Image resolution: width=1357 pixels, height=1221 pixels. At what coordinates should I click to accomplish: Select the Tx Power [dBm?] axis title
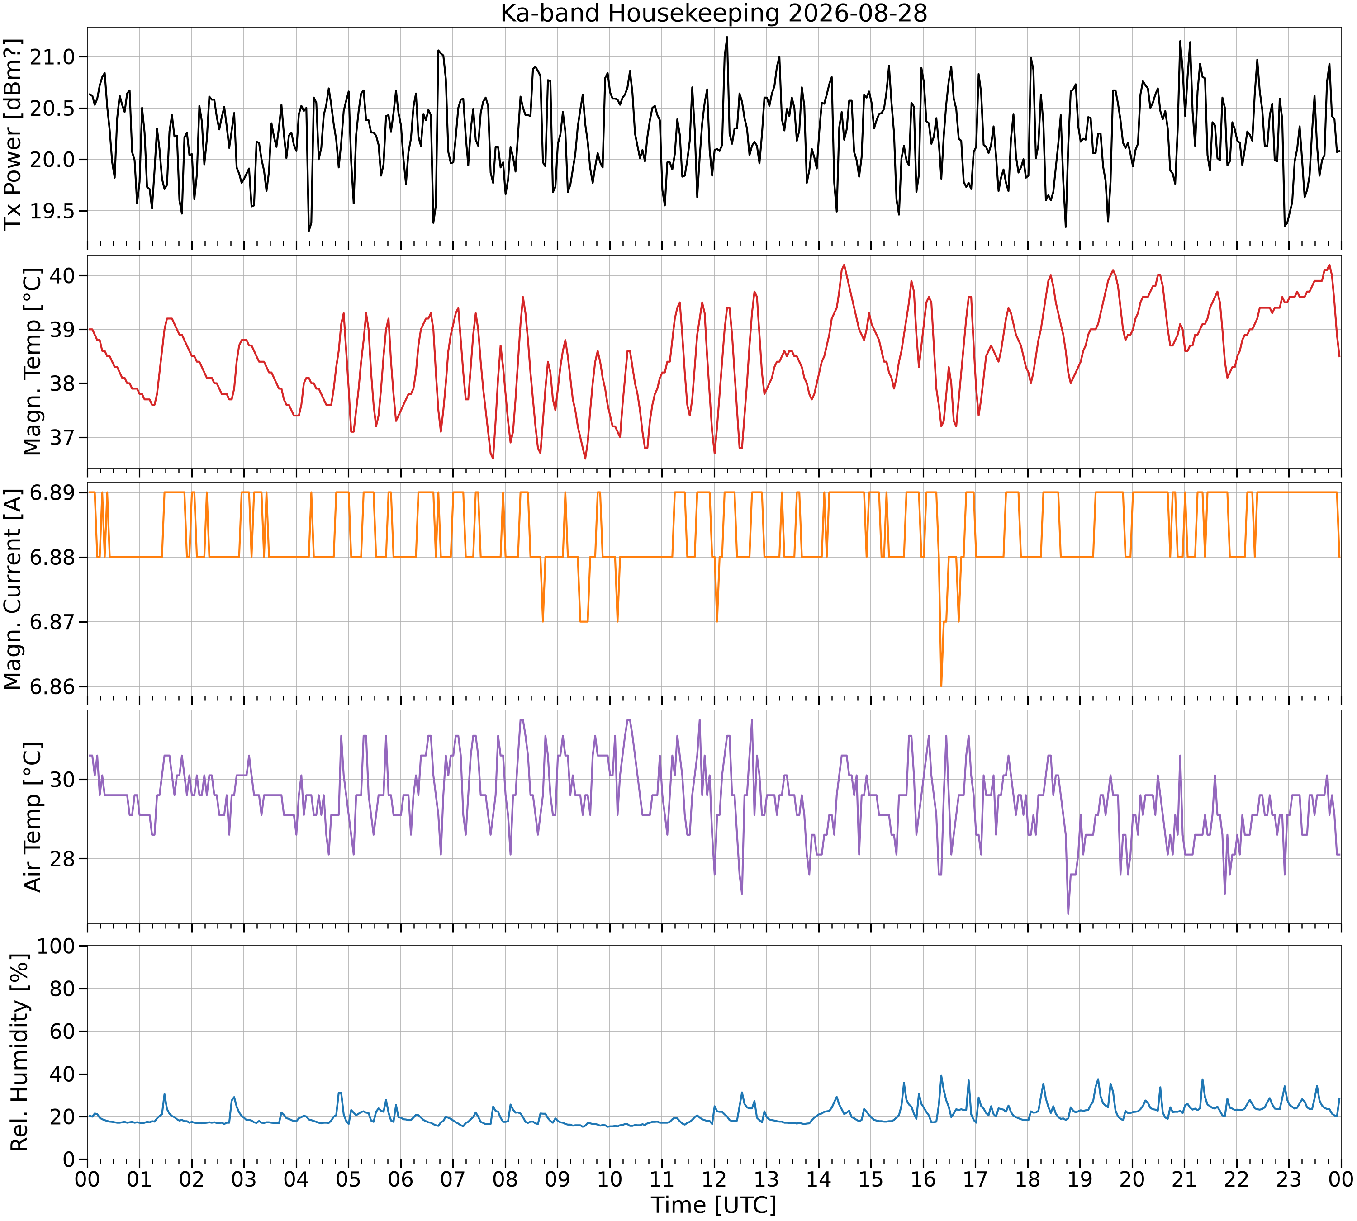click(14, 134)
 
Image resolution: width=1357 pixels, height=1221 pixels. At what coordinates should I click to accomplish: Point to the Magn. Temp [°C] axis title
click(32, 362)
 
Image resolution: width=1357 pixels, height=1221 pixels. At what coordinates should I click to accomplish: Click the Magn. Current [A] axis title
click(14, 589)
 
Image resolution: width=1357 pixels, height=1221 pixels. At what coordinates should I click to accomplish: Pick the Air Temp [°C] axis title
click(32, 817)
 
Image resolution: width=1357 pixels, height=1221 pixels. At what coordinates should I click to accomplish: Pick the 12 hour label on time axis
click(714, 1179)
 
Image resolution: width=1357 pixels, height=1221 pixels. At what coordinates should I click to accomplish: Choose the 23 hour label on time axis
click(1289, 1179)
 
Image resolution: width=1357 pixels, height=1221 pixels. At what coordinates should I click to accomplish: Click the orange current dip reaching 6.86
click(941, 686)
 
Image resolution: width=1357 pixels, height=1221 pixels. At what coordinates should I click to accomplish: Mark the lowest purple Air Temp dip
click(1068, 913)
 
